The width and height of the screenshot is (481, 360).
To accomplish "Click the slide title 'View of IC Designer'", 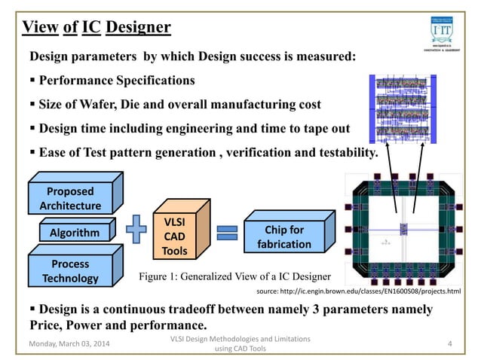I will pyautogui.click(x=96, y=28).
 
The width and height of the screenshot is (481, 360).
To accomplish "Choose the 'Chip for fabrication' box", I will pyautogui.click(x=284, y=236).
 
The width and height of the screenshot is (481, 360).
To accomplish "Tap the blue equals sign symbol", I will pyautogui.click(x=226, y=233).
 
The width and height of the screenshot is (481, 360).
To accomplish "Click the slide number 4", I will pyautogui.click(x=449, y=345).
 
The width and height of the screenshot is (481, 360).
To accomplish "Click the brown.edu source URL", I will pyautogui.click(x=359, y=289).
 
